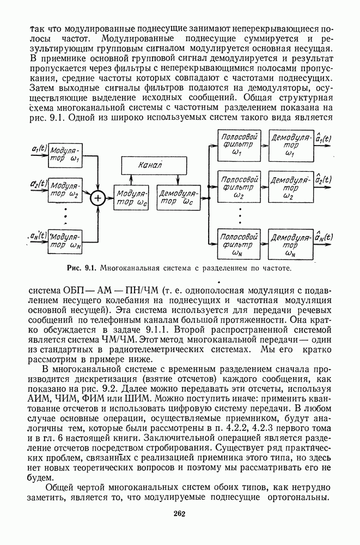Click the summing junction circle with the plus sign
98,198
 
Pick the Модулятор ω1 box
66,153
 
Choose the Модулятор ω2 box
66,189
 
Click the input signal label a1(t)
39,148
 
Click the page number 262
180,512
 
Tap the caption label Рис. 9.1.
81,269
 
